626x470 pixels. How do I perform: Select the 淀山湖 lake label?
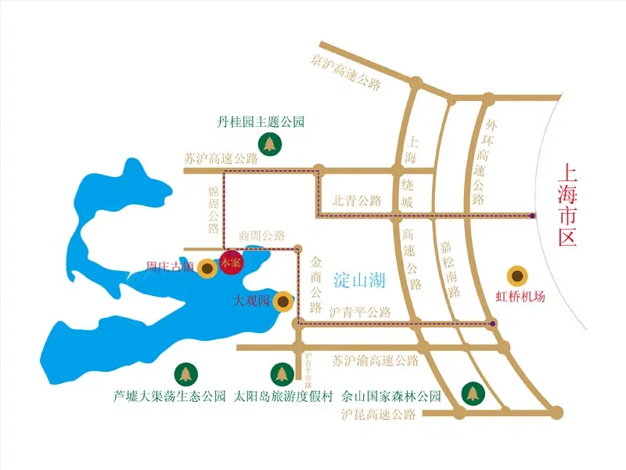(x=359, y=278)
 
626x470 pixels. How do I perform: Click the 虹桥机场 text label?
(x=520, y=297)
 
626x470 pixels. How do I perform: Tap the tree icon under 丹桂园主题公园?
(x=271, y=144)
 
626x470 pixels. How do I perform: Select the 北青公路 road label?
(x=356, y=201)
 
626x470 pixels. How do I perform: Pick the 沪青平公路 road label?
(x=360, y=311)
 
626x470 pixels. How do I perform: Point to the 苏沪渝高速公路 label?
(x=375, y=361)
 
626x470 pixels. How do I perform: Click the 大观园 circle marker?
(x=284, y=302)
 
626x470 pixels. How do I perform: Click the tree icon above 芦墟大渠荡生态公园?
(x=185, y=374)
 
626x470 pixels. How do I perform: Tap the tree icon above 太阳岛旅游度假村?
(x=281, y=374)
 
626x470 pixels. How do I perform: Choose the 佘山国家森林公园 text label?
(x=391, y=396)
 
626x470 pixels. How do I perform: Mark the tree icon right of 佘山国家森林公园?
(x=473, y=392)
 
